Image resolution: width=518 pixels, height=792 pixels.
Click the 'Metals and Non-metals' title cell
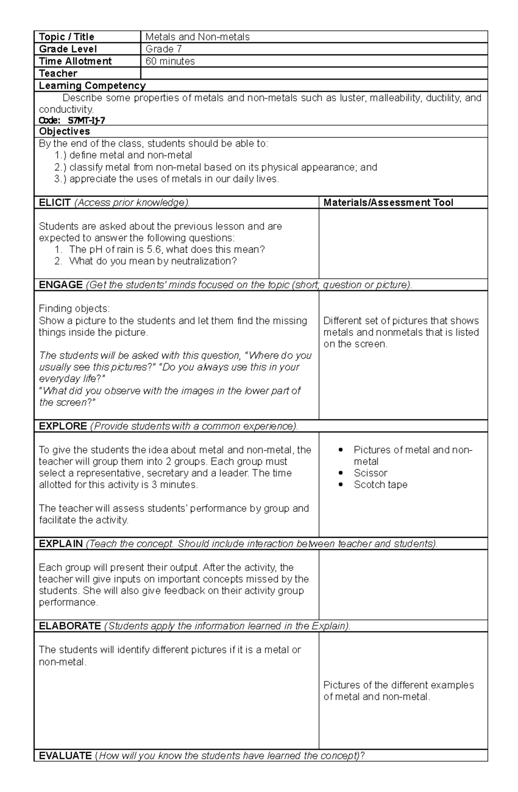click(x=198, y=37)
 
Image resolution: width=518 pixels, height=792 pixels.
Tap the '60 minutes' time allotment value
click(x=170, y=61)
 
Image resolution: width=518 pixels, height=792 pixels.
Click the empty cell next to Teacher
click(x=314, y=73)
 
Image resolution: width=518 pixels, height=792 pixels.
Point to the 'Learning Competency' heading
click(x=92, y=85)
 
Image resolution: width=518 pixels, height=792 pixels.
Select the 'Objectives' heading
click(x=64, y=131)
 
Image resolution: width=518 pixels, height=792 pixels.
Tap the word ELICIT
click(x=55, y=203)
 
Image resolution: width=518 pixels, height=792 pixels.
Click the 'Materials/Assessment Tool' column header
click(x=388, y=203)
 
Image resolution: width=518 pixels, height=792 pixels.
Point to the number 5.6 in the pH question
click(x=155, y=249)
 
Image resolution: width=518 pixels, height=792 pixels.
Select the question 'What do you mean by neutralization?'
click(x=153, y=261)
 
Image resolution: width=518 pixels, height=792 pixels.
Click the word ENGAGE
click(x=60, y=285)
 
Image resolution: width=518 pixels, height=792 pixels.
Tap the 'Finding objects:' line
click(x=74, y=309)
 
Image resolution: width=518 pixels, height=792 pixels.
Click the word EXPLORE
click(x=63, y=426)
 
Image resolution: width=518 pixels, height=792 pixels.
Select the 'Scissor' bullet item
click(x=370, y=473)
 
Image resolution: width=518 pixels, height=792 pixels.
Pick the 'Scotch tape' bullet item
click(x=380, y=485)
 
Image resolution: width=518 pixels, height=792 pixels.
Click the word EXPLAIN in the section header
click(x=60, y=544)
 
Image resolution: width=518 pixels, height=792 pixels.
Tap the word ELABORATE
click(x=69, y=626)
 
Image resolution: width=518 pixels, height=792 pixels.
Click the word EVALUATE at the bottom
click(x=65, y=755)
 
